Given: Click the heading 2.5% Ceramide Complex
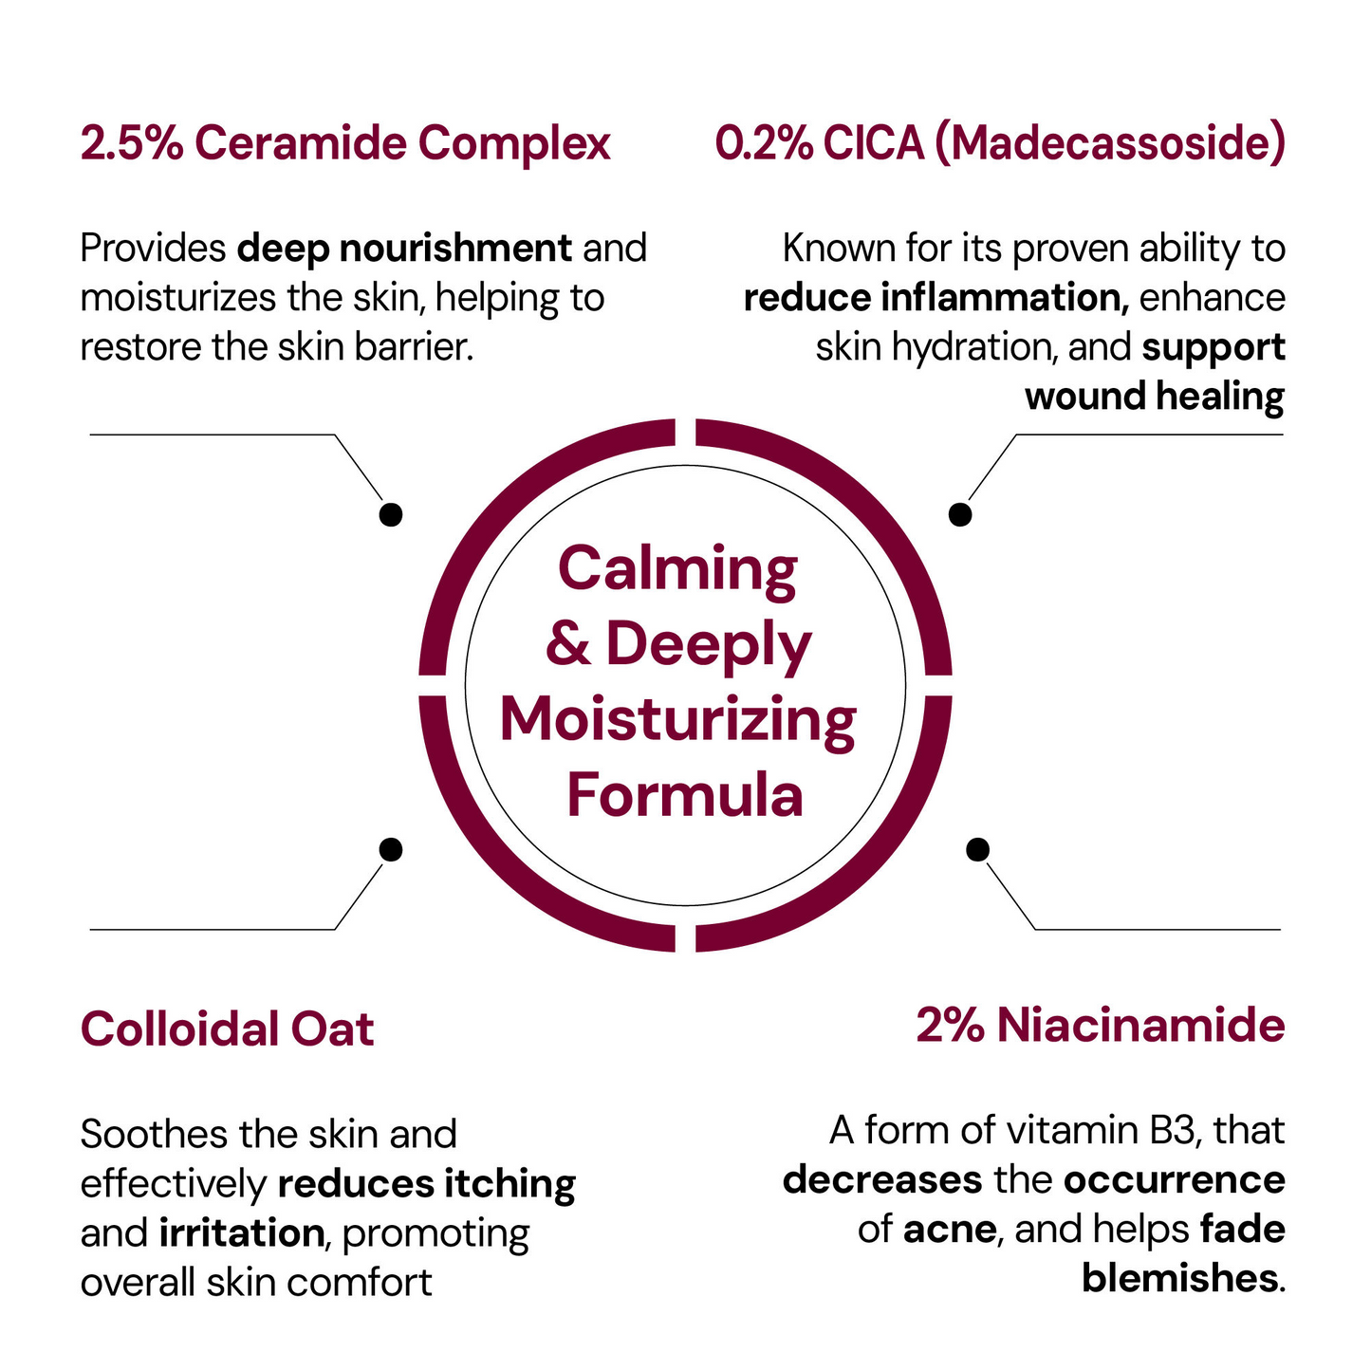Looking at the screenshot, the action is click(345, 143).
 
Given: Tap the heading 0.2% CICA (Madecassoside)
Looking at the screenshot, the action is click(1000, 143).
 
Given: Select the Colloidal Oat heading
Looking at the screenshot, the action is click(227, 1028).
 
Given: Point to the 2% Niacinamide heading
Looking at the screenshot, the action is click(1101, 1026).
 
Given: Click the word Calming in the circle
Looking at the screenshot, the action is click(677, 571).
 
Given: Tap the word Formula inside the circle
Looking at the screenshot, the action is click(685, 795).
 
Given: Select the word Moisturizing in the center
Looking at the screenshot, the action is click(678, 721).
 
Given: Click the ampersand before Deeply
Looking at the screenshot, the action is click(568, 642).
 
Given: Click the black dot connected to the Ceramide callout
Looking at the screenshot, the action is click(391, 514).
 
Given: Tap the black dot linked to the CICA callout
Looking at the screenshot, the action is click(960, 514).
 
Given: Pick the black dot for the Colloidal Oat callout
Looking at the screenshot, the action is click(391, 849).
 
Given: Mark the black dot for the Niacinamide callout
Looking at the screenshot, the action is click(977, 849).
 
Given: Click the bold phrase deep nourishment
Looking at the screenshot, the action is click(404, 249).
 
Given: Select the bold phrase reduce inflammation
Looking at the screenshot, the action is click(936, 298).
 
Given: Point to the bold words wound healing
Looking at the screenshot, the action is click(1155, 397).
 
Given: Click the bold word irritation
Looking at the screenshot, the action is click(241, 1232).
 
